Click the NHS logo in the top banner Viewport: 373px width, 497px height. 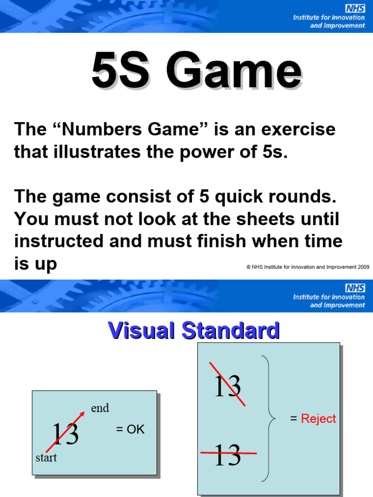point(355,8)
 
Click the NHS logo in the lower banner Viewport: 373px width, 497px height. point(355,288)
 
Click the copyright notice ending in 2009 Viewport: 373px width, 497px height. point(308,266)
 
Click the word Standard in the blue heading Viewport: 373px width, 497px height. point(231,331)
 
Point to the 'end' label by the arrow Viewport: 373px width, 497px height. point(100,408)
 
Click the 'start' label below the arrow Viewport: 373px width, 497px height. point(46,458)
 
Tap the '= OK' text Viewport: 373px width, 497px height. point(130,430)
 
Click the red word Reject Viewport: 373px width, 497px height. point(318,419)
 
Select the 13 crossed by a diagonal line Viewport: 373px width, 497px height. point(227,387)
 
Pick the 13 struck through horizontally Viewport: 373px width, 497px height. point(227,455)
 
